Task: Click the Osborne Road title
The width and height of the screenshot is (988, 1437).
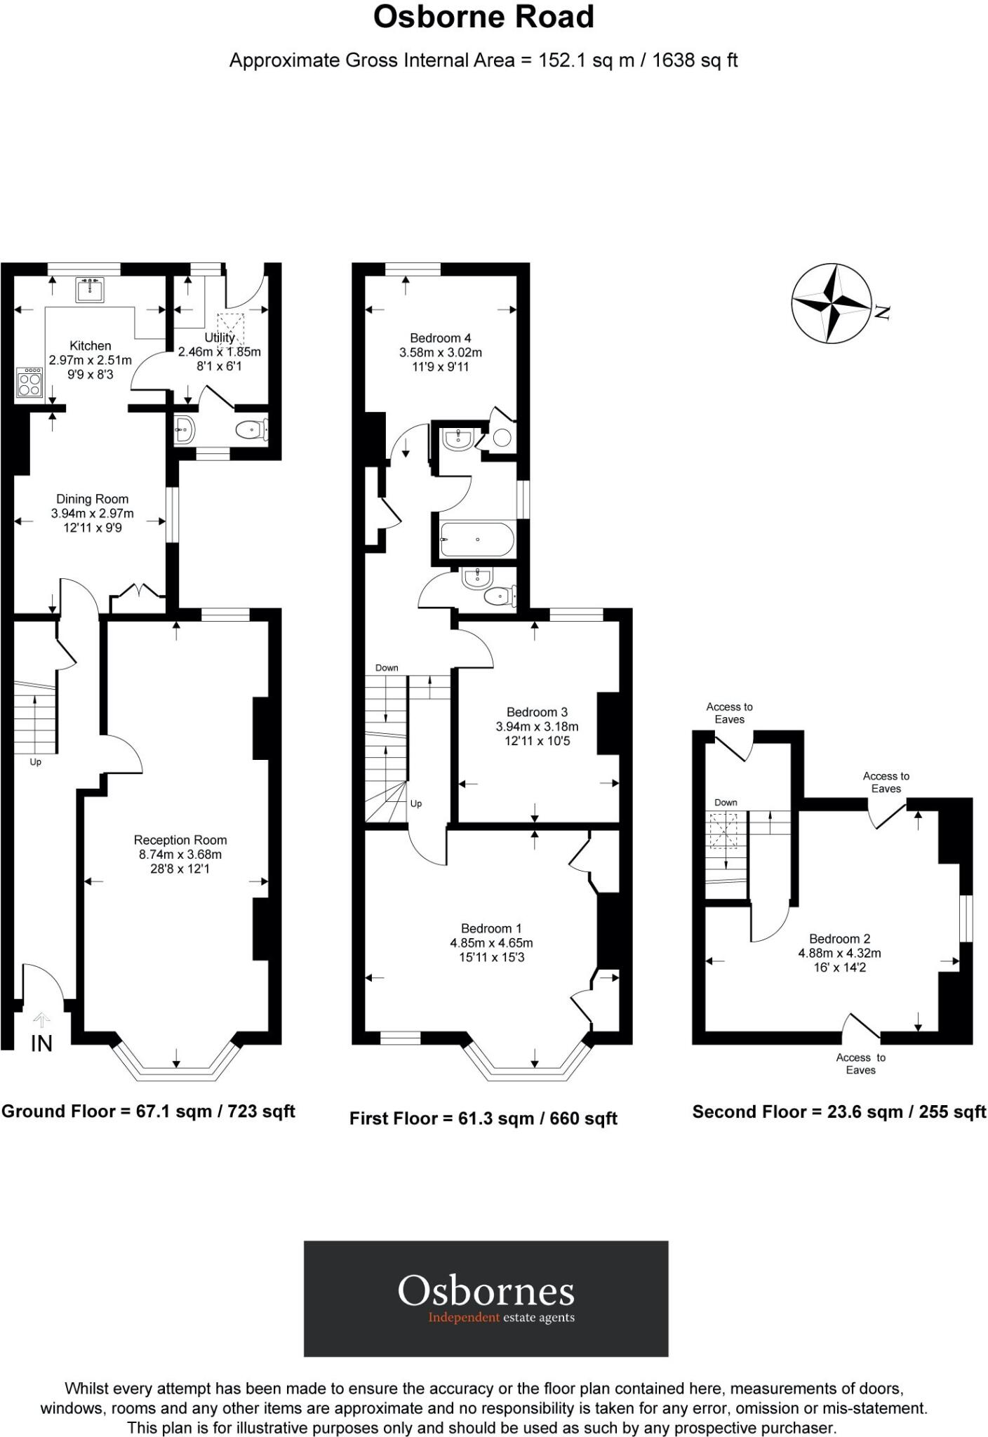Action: (x=483, y=18)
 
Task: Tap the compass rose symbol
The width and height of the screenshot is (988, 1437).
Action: (x=833, y=304)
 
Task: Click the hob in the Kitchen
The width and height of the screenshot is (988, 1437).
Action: (x=29, y=383)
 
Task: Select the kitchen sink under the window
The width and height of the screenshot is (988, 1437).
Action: (x=91, y=289)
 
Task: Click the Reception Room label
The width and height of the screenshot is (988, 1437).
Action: (x=180, y=840)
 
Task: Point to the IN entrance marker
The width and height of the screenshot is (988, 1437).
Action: (x=41, y=1043)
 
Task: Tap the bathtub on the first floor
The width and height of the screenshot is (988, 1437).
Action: (x=477, y=540)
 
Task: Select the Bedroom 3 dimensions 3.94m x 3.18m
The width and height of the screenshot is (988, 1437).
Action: (x=537, y=726)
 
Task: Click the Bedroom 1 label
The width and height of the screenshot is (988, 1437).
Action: (x=491, y=928)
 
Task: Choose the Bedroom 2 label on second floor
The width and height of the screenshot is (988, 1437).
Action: (x=839, y=939)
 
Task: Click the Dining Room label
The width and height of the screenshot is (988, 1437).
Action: (x=92, y=499)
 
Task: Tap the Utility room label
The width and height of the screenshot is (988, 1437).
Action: (x=219, y=337)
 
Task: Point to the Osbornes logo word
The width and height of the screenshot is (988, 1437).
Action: (x=486, y=1291)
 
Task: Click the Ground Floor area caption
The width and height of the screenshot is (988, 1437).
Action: (x=148, y=1111)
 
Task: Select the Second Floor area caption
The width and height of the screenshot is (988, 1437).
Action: (x=839, y=1111)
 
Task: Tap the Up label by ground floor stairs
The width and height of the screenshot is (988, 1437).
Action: (x=35, y=762)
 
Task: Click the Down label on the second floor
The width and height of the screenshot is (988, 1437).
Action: (x=726, y=803)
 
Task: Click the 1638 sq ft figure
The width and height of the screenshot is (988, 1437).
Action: (x=695, y=60)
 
